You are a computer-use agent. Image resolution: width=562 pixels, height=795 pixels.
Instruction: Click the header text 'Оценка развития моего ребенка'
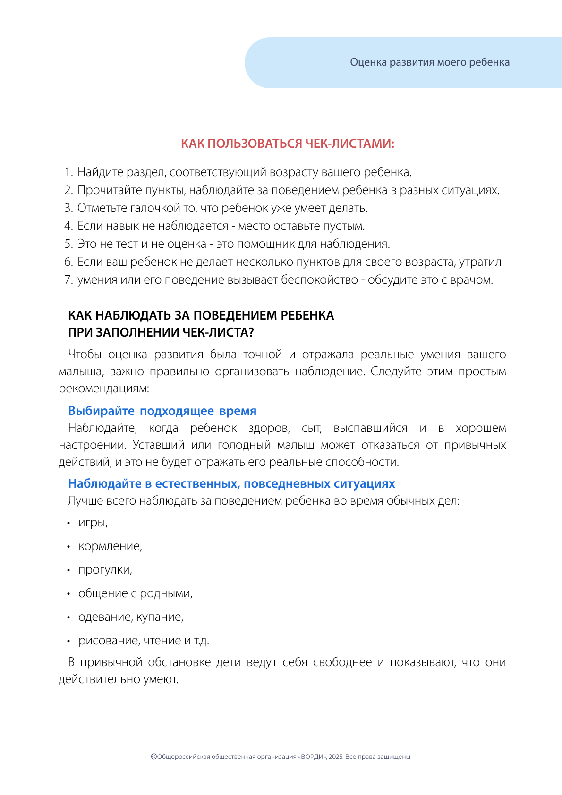point(430,62)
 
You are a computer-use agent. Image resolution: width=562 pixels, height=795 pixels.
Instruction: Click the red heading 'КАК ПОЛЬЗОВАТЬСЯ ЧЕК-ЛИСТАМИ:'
point(288,144)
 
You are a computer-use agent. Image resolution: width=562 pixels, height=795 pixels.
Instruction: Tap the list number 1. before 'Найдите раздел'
point(68,172)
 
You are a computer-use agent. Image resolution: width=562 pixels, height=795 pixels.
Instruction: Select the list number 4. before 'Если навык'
point(68,226)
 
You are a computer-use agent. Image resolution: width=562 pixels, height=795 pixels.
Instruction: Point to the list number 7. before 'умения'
point(68,280)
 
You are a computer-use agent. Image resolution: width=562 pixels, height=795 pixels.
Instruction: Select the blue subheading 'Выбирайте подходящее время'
point(162,411)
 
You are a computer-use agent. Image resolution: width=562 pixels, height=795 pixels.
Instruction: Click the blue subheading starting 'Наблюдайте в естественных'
point(231,483)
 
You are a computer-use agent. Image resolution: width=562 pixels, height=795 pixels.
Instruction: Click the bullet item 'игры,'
point(93,523)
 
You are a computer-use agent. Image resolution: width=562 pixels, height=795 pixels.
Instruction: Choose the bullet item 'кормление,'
point(110,546)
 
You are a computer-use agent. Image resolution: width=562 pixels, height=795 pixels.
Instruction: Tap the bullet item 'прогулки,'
point(105,570)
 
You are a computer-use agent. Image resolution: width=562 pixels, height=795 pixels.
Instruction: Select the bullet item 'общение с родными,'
point(136,593)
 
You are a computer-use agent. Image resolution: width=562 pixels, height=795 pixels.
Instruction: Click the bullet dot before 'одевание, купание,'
point(68,617)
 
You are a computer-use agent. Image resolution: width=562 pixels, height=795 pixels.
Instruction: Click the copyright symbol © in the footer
point(153,756)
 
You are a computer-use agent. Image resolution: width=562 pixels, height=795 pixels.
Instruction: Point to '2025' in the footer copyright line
point(335,757)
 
